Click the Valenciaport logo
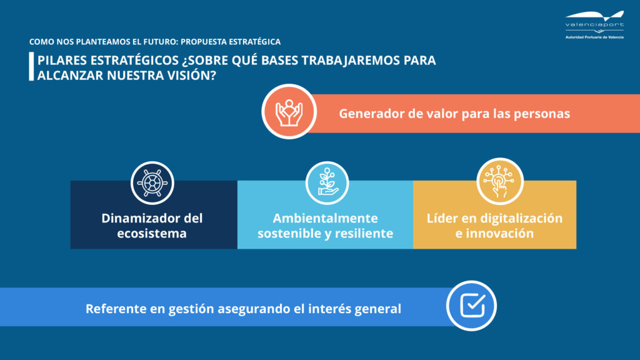(x=594, y=25)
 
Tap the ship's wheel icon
(x=152, y=183)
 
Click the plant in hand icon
(x=327, y=182)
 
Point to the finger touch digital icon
(x=499, y=181)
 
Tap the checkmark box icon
(x=472, y=305)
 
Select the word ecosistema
(x=152, y=234)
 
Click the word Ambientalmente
(x=325, y=218)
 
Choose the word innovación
(x=499, y=234)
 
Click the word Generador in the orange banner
(x=371, y=114)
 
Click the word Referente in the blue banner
(x=115, y=309)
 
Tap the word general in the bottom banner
(x=377, y=309)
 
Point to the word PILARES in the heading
(x=62, y=61)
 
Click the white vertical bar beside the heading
(x=31, y=66)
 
